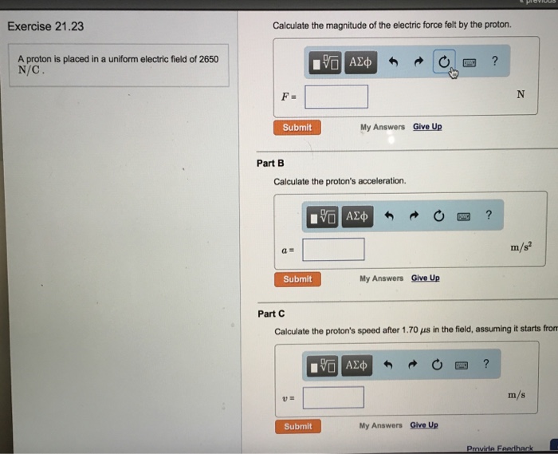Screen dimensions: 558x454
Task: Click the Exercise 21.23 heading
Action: (x=45, y=26)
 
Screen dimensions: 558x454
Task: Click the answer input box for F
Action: (x=336, y=97)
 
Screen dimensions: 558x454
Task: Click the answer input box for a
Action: (x=333, y=249)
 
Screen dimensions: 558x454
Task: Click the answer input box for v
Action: (x=333, y=397)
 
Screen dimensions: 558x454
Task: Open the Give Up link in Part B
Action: (x=425, y=278)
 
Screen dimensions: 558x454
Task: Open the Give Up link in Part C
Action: (x=424, y=424)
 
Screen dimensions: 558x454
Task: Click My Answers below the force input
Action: (x=383, y=127)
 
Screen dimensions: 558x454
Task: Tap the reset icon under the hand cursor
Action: (x=444, y=62)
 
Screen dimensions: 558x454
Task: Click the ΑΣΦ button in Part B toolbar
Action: (x=357, y=216)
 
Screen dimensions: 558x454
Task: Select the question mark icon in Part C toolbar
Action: (x=486, y=364)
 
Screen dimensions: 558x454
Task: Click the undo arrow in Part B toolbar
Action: (x=389, y=215)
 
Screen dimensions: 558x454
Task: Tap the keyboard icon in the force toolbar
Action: (x=470, y=63)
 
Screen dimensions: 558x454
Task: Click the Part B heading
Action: (x=270, y=163)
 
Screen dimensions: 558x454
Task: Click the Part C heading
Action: (x=271, y=314)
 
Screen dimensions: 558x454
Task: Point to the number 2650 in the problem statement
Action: (x=209, y=59)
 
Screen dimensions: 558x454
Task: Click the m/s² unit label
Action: (x=521, y=247)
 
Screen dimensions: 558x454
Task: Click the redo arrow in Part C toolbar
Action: (x=412, y=365)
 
